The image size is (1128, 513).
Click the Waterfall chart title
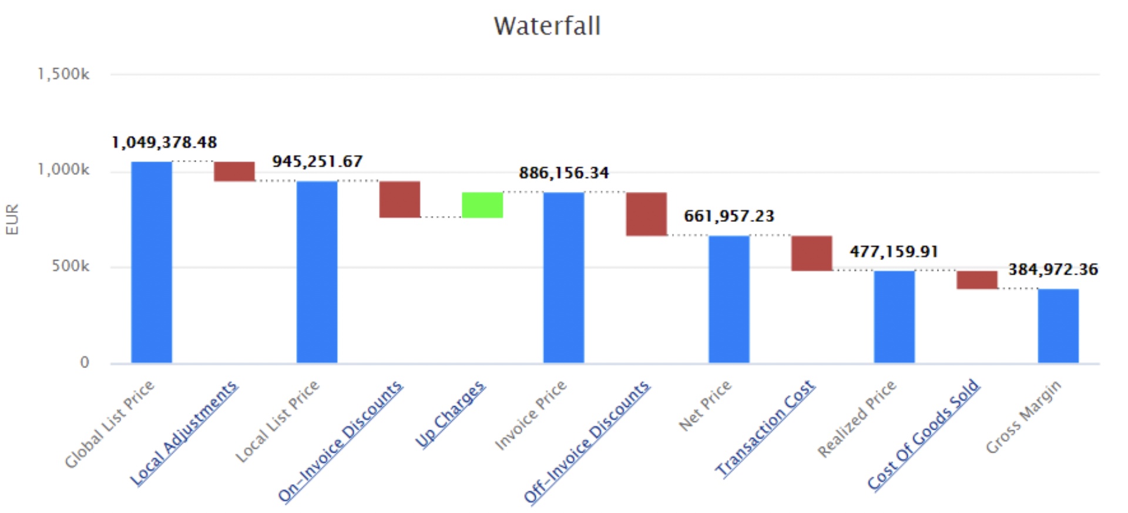[x=547, y=26]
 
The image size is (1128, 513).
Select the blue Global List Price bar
[x=152, y=262]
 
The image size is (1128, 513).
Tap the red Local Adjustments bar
[x=234, y=171]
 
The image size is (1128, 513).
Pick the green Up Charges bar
[x=482, y=205]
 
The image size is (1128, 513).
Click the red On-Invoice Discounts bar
[x=399, y=200]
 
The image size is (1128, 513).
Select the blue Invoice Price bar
[x=563, y=277]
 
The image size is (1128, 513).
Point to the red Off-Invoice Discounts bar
[x=646, y=214]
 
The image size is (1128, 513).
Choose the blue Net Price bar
[x=729, y=299]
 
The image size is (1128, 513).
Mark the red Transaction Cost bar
[x=811, y=253]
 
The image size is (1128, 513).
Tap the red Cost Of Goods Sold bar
[x=976, y=280]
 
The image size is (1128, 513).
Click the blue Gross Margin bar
[x=1058, y=326]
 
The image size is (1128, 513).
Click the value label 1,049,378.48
[x=164, y=143]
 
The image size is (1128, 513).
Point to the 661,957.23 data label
[x=729, y=217]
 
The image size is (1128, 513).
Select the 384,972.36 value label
[x=1053, y=270]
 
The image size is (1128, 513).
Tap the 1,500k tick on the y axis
[x=63, y=75]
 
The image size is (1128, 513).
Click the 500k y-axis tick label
[x=70, y=266]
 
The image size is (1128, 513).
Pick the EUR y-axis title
[x=12, y=220]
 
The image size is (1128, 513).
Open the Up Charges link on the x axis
[x=451, y=414]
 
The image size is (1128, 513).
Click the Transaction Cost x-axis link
[x=765, y=428]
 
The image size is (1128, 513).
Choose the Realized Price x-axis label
[x=857, y=418]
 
